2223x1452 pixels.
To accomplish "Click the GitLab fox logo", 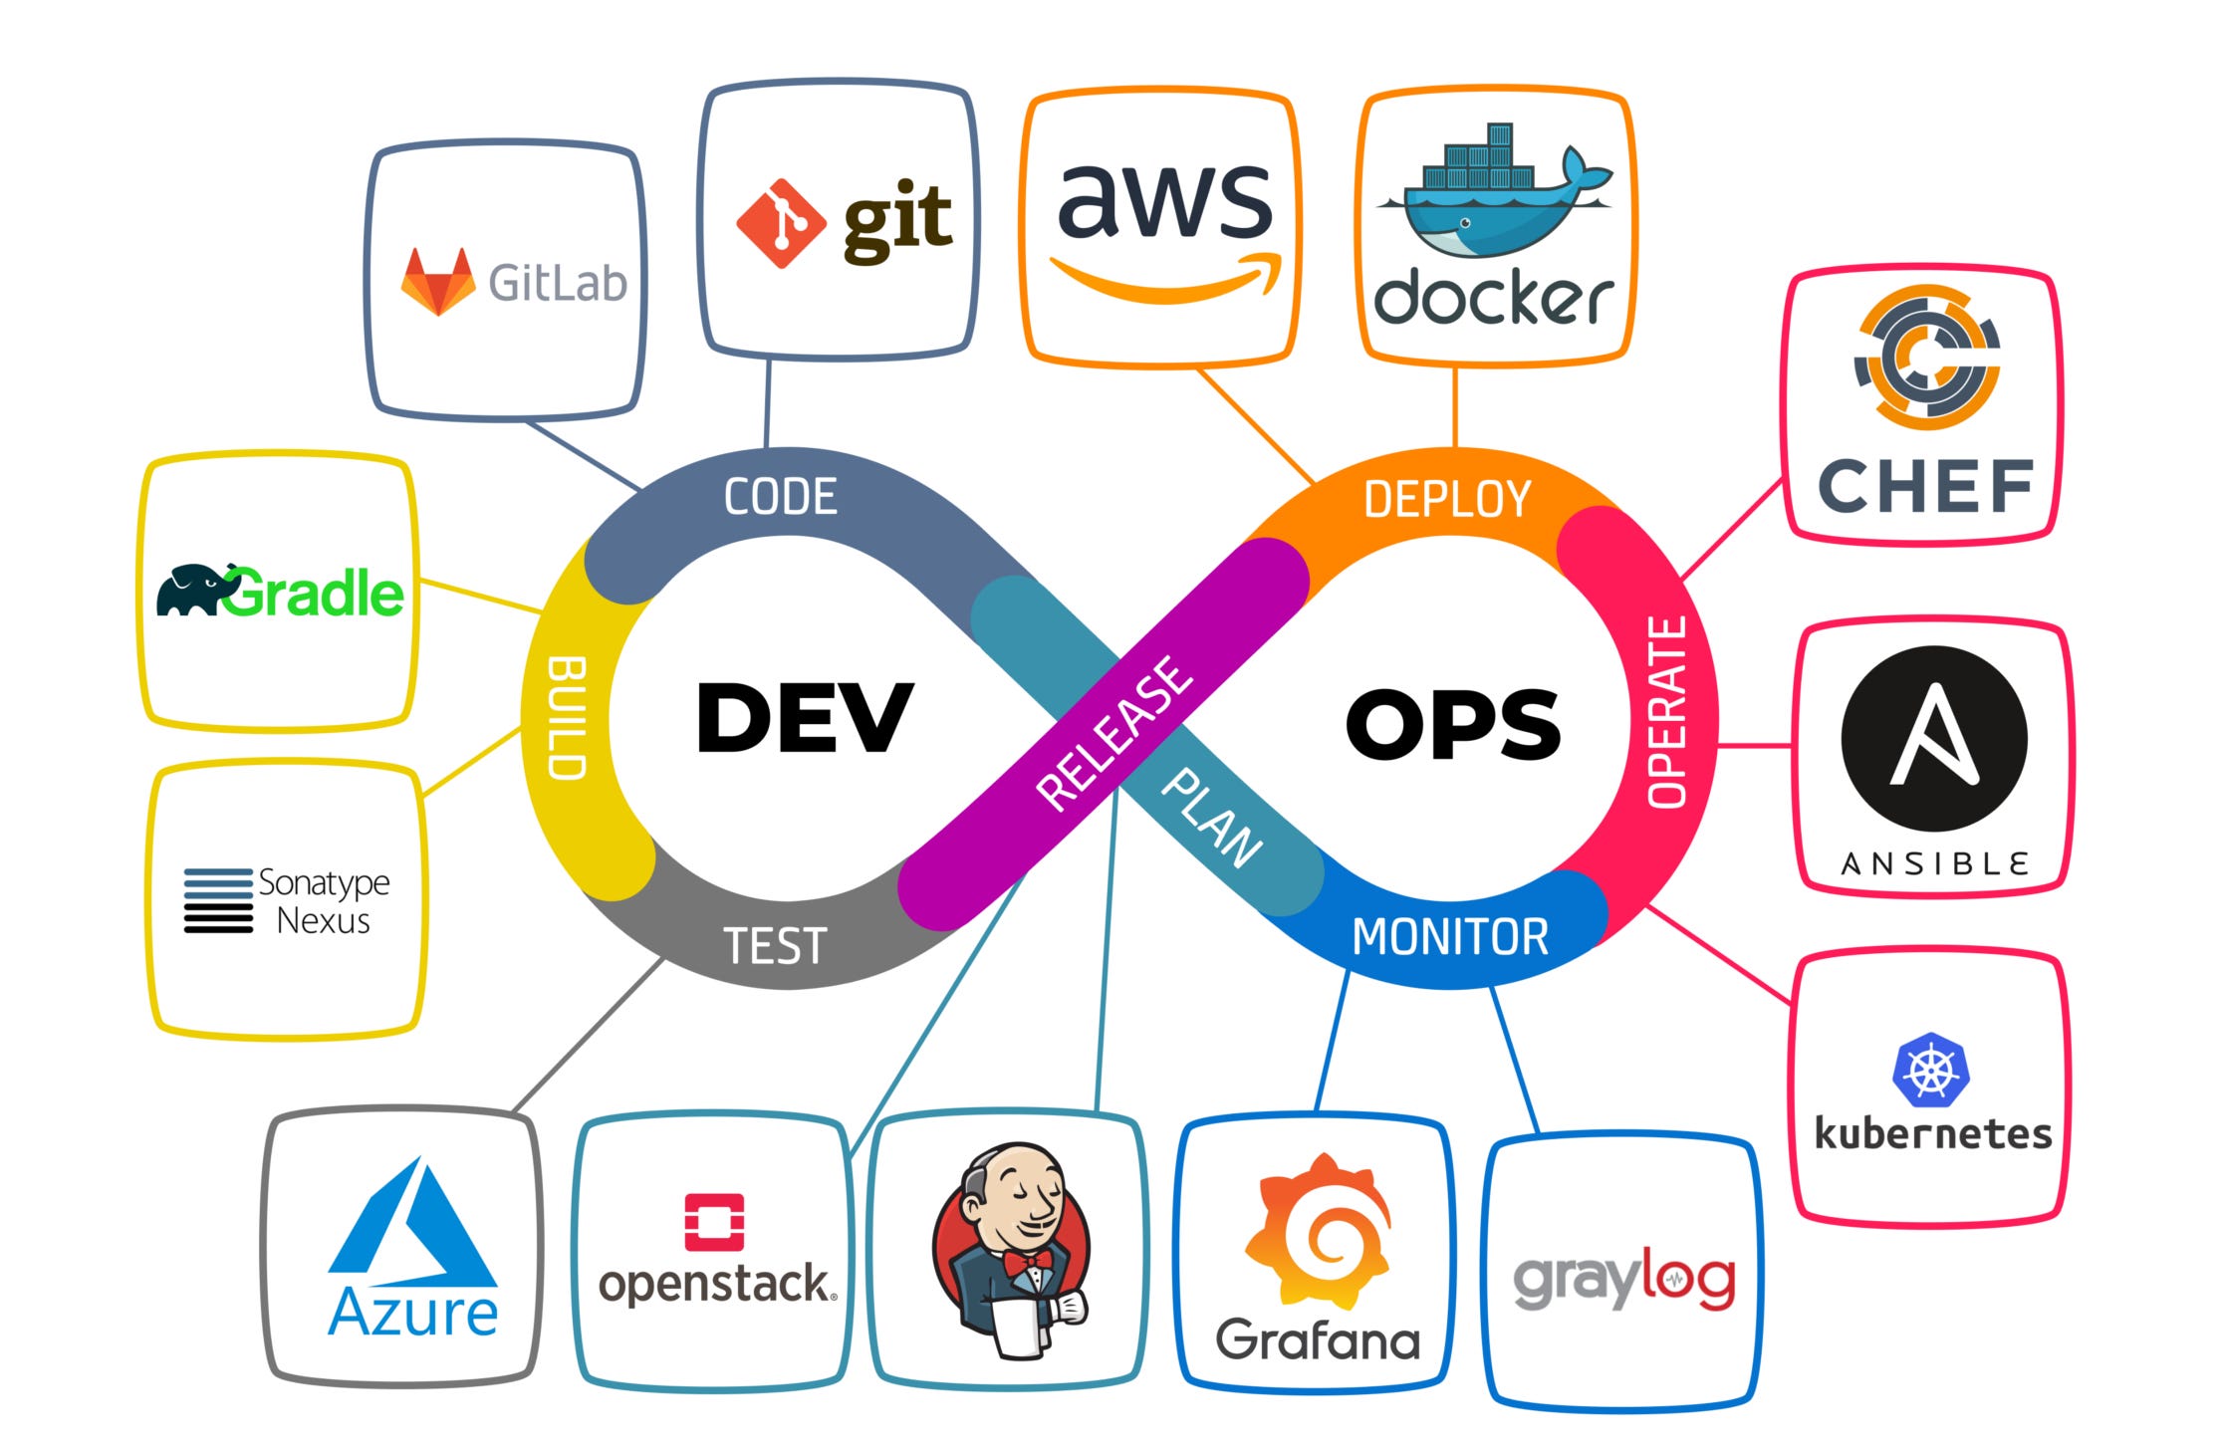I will pos(437,282).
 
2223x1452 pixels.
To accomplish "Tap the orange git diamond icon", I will pos(780,223).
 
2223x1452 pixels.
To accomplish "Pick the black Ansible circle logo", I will pos(1933,739).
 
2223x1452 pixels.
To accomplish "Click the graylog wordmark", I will pos(1623,1280).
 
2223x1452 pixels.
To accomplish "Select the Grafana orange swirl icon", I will pos(1317,1233).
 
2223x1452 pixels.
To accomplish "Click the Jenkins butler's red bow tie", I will pos(1027,1263).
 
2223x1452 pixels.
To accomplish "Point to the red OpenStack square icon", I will pos(714,1222).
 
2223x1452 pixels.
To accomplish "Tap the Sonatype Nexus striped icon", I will pos(218,900).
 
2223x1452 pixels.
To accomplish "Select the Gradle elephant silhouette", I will pos(192,591).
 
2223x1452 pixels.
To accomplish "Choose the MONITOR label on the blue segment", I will pos(1449,937).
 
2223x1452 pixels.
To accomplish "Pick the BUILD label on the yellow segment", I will pos(567,717).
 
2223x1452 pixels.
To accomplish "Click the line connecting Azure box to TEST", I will pos(588,1035).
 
